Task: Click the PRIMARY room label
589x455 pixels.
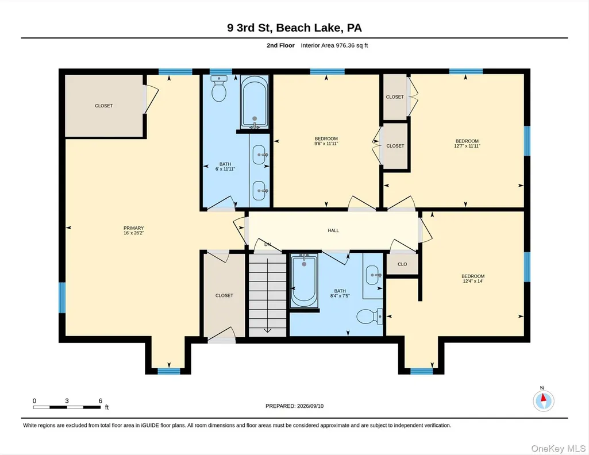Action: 133,228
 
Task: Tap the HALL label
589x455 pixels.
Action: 333,230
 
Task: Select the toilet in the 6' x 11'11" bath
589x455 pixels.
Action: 218,88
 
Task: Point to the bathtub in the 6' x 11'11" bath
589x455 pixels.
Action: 255,102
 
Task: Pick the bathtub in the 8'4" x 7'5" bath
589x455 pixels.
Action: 304,281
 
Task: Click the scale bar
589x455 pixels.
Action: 67,407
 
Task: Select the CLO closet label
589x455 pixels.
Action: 402,264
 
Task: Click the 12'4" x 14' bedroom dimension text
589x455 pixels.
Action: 473,281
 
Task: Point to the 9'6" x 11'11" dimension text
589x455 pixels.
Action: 326,144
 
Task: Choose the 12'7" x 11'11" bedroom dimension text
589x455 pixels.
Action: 467,146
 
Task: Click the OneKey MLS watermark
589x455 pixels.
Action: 558,449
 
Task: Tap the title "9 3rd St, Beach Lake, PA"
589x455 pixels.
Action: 294,28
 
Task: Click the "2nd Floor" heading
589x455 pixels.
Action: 280,45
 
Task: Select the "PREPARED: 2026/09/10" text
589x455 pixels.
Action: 294,406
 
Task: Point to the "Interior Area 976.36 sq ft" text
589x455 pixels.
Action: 334,45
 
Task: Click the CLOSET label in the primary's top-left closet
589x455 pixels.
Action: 103,106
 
